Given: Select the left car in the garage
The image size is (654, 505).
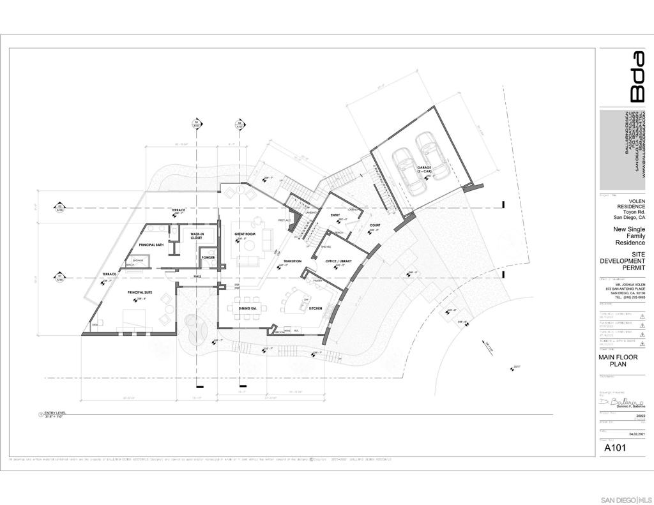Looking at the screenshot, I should [x=407, y=171].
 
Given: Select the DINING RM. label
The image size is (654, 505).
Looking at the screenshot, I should [x=248, y=308].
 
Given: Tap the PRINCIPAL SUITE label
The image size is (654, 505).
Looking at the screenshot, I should [x=140, y=292].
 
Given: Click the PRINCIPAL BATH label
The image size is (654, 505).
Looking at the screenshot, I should [x=152, y=245].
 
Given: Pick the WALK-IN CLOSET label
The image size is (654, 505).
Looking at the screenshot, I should [x=192, y=236].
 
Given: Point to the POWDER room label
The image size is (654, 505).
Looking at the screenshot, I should [x=208, y=258].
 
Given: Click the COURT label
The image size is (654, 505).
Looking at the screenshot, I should [x=374, y=225].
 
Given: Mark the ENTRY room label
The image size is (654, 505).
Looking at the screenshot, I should [x=335, y=216].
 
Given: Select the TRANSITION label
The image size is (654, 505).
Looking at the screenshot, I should [x=293, y=261].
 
